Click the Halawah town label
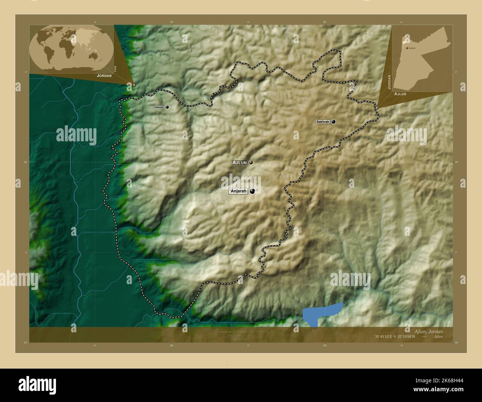coord(159,107)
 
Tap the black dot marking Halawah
coord(167,107)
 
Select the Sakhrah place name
coord(323,122)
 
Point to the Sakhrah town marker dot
coord(333,122)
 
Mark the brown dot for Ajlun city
coord(251,162)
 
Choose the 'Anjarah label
coord(238,191)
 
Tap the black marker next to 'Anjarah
coord(252,191)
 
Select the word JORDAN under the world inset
coord(104,75)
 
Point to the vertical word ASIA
coord(116,69)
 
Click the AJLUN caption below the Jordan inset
coord(400,94)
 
